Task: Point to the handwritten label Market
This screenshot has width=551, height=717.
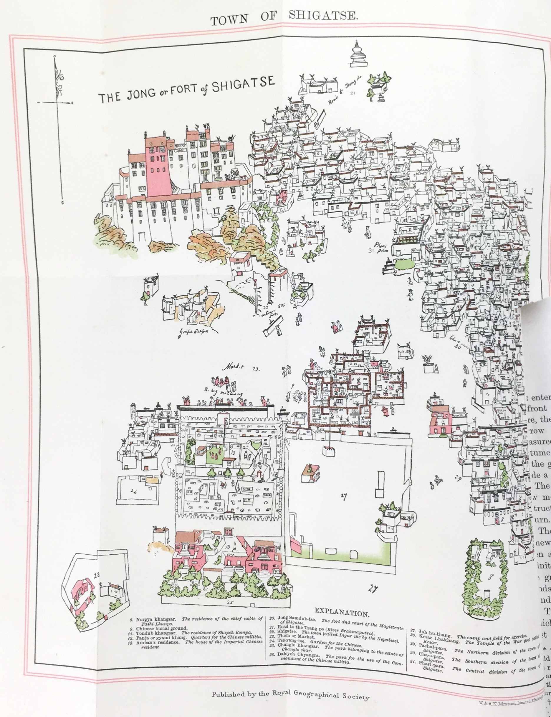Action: coord(233,368)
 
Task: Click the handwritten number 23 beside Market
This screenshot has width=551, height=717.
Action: coord(256,369)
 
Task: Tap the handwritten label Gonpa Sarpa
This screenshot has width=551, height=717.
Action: coord(193,332)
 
